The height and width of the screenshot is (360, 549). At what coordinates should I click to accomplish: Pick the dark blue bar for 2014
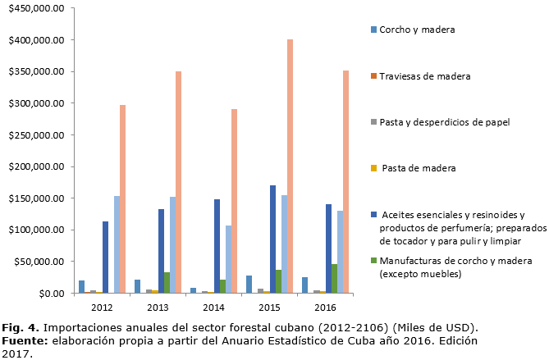(x=217, y=245)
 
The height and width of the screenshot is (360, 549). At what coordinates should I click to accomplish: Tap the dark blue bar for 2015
(x=272, y=239)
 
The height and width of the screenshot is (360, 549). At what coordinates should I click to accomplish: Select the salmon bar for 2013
(x=178, y=181)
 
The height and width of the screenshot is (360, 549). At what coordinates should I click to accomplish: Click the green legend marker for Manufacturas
(x=373, y=261)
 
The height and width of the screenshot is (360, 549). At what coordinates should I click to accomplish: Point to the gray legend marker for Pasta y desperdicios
(x=373, y=121)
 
